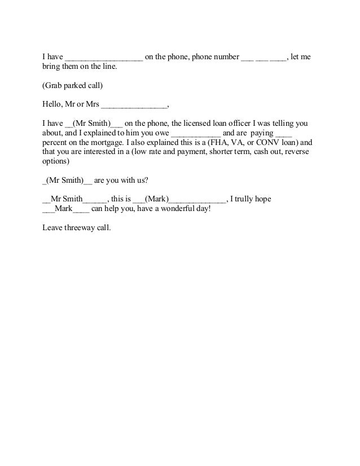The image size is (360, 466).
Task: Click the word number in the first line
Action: click(225, 58)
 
